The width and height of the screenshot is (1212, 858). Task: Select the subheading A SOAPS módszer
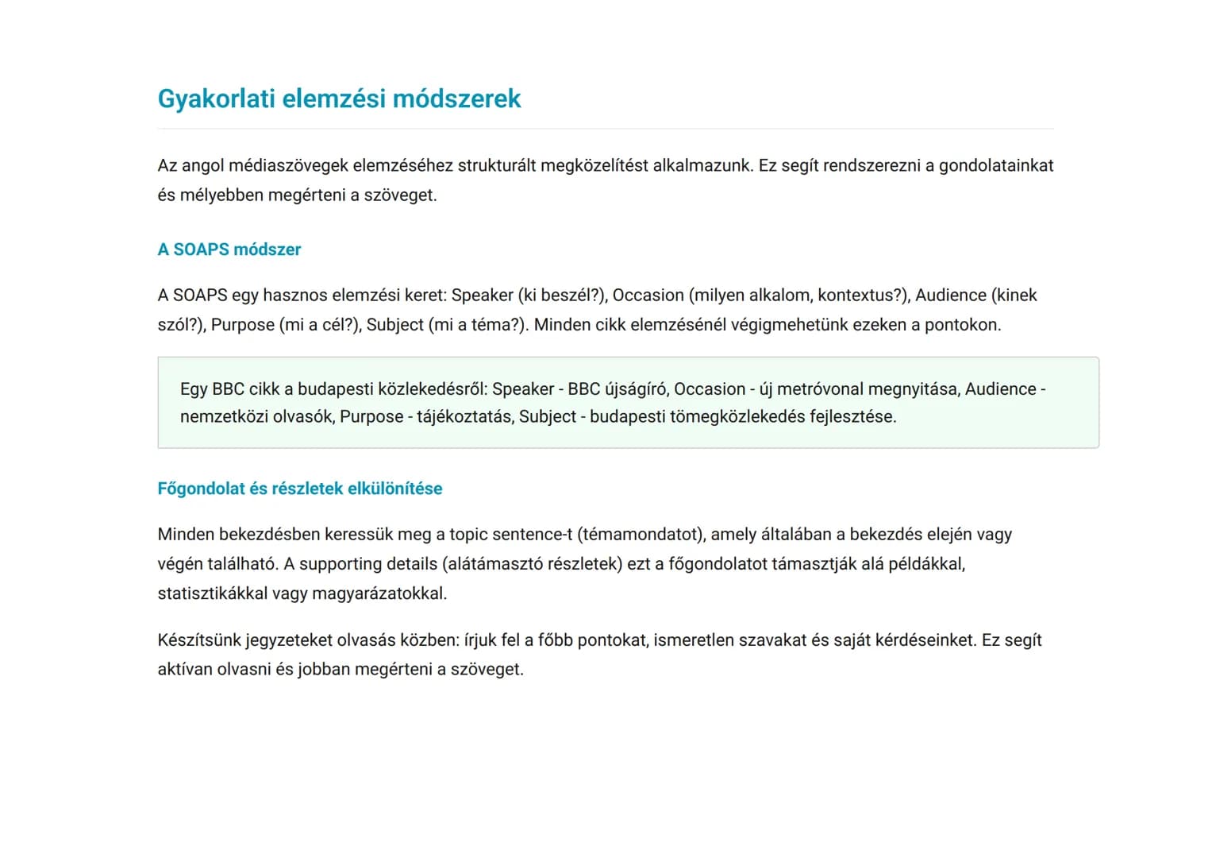point(229,249)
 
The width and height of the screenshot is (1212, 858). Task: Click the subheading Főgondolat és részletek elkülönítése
point(300,489)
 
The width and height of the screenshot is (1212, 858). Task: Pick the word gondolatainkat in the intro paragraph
point(996,165)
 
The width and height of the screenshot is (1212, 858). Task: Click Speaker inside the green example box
point(523,389)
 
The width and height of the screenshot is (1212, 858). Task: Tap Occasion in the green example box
point(710,389)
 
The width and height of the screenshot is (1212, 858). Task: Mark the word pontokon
point(962,325)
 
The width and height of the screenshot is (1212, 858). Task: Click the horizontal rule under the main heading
point(606,129)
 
